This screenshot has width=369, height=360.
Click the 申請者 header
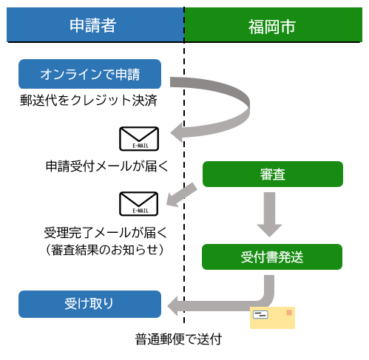point(92,24)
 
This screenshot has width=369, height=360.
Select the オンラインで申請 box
point(89,74)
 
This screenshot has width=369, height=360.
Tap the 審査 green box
point(272,174)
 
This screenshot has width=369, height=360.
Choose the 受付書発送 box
point(272,257)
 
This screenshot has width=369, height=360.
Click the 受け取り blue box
point(89,303)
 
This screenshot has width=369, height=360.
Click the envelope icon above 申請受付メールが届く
point(139,139)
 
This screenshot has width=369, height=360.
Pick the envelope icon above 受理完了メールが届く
point(139,203)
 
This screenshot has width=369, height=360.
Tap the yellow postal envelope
point(272,318)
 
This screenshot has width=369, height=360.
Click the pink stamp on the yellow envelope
point(288,313)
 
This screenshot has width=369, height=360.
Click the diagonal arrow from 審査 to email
point(183,194)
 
